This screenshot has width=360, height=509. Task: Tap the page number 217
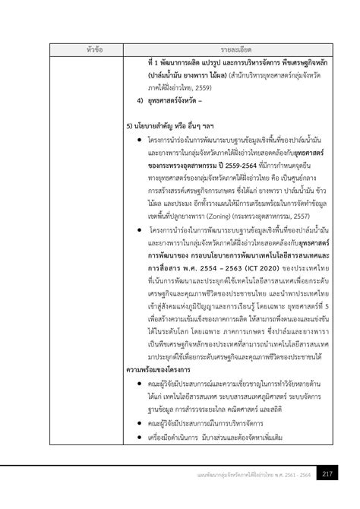coord(327,475)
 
